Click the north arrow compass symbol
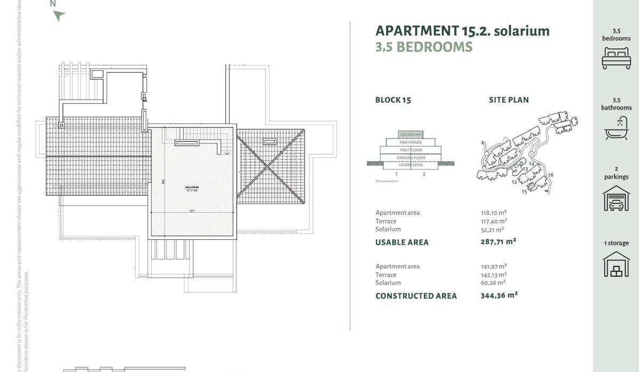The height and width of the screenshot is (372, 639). pos(59,14)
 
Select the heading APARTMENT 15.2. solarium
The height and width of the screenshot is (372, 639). pos(462,30)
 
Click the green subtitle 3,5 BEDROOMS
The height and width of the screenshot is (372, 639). pos(424,47)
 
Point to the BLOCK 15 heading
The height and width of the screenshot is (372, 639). pos(393,100)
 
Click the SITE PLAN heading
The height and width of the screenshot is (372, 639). pos(509,100)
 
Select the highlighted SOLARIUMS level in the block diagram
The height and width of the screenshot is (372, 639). pos(411,135)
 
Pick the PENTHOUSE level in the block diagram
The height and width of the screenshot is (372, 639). pos(411,142)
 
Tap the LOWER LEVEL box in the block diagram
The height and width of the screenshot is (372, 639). pos(411,165)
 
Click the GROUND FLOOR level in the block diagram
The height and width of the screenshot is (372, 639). pos(411,157)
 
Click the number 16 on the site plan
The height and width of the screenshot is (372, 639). pos(551,175)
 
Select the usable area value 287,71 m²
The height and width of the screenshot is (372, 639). pos(498,241)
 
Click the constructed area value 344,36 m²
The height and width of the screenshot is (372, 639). pos(499,295)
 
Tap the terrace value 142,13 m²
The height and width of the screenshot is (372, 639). pos(494,274)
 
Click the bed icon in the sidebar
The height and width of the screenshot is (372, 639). pos(616,58)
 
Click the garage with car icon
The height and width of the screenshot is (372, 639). pos(616,198)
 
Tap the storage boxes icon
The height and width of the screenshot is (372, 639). pos(616,264)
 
